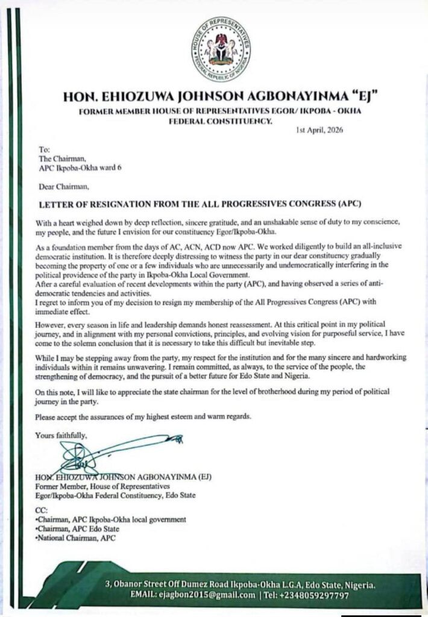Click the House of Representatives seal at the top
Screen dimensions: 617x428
pyautogui.click(x=222, y=49)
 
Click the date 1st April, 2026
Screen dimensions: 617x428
pyautogui.click(x=320, y=131)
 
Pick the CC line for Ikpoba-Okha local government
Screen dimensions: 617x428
pyautogui.click(x=111, y=519)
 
